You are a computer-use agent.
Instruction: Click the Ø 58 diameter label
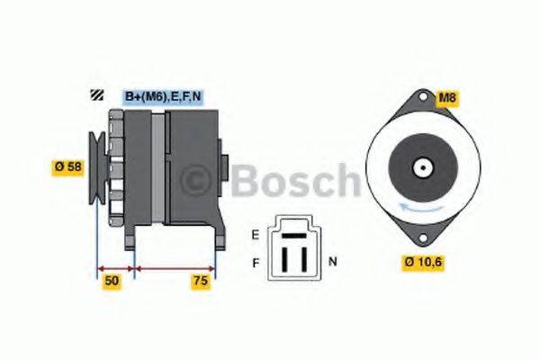[67, 168]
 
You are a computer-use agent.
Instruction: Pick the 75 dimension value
[199, 282]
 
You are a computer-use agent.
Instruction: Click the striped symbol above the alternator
[94, 96]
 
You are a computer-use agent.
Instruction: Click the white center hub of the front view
[420, 167]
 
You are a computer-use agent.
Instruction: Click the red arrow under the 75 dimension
[175, 267]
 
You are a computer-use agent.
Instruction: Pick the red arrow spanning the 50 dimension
[115, 267]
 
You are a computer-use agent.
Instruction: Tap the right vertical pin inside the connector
[304, 257]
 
